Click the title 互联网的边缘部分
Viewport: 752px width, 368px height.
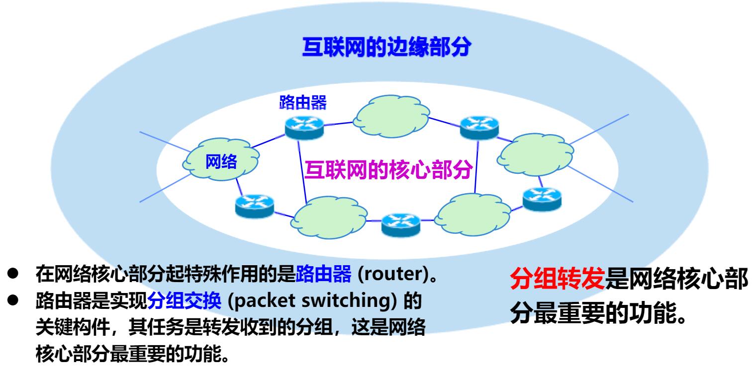tap(386, 50)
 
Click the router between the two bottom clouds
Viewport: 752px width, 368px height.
tap(400, 224)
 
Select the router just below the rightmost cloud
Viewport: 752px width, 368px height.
tap(542, 197)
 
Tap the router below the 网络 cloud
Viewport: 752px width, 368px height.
tap(254, 204)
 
